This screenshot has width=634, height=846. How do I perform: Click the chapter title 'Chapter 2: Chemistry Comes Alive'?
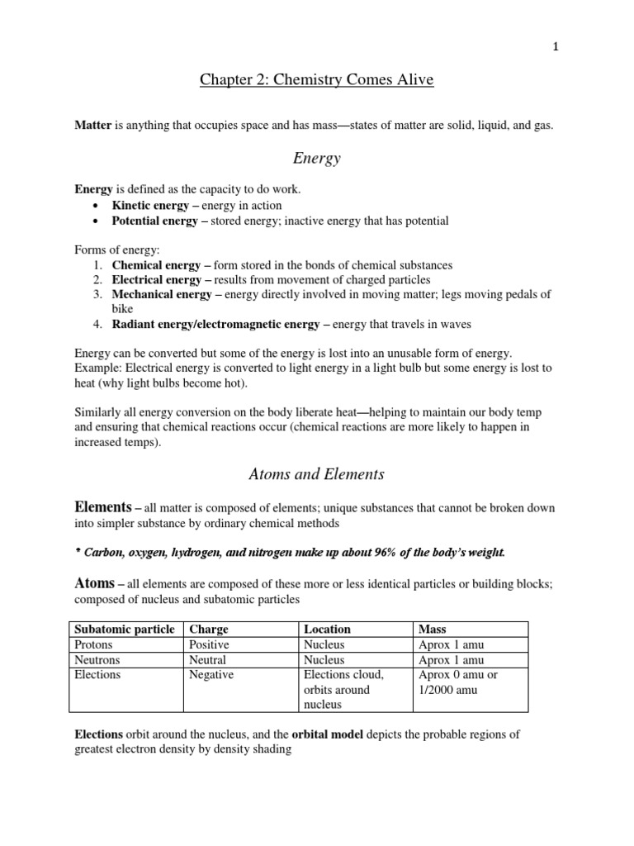tap(316, 80)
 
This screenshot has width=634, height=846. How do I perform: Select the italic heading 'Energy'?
tap(316, 158)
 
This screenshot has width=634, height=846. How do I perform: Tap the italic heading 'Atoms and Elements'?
tap(316, 474)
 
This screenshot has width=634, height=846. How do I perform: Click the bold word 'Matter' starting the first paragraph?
tap(92, 125)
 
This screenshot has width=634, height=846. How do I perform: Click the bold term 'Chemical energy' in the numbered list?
tap(156, 265)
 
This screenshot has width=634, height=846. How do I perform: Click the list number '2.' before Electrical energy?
tap(97, 280)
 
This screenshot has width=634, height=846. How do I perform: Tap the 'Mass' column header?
tap(433, 629)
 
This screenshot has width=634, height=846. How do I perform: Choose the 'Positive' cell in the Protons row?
tap(209, 644)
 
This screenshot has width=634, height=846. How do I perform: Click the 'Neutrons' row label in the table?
tap(97, 659)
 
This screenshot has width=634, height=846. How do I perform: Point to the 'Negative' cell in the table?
tap(211, 675)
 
